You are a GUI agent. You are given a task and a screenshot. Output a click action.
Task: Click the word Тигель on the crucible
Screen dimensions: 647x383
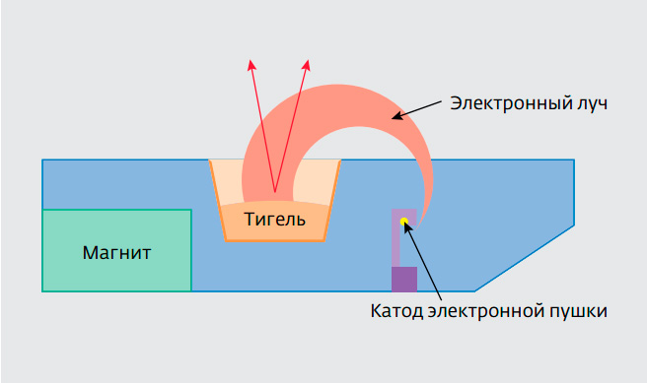[x=274, y=220]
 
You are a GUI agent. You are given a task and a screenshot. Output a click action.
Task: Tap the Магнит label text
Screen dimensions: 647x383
[x=116, y=252]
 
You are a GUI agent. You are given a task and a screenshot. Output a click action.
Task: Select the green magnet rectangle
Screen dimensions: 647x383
[x=116, y=250]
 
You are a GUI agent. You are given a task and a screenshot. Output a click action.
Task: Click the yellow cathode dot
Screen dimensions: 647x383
[x=404, y=222]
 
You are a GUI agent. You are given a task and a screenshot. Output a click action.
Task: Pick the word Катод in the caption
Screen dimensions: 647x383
[x=396, y=311]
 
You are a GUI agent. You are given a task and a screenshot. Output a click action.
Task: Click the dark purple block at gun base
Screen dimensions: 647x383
[x=404, y=280]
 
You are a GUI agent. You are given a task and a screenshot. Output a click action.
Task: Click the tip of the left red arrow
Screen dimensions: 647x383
[x=251, y=60]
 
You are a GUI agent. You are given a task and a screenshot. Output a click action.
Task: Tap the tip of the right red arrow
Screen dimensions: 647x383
[x=308, y=60]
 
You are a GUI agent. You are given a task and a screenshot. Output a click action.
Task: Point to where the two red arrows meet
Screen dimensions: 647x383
[x=275, y=192]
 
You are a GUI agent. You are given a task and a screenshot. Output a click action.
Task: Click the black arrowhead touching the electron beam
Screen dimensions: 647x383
[x=395, y=117]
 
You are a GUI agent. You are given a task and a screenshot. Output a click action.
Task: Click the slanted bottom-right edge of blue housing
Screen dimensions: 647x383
[x=524, y=259]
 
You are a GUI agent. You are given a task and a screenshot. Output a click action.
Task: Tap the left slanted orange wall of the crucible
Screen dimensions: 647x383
[x=217, y=200]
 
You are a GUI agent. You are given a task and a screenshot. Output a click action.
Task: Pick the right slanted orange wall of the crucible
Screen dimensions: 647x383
[x=332, y=200]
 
